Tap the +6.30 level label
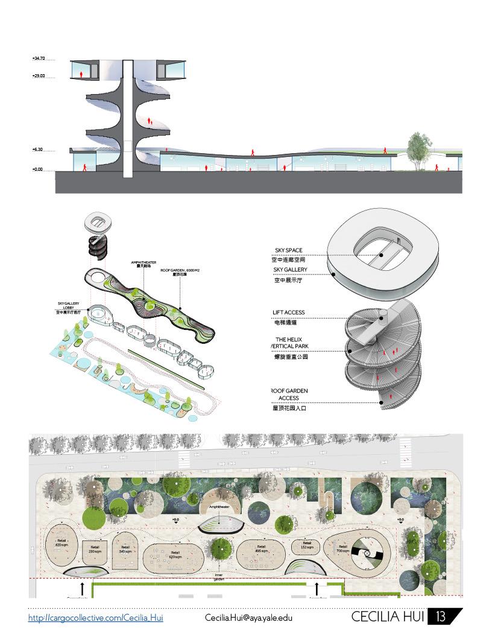point(37,149)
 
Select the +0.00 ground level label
point(37,170)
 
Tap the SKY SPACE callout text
point(288,250)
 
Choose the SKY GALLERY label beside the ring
point(290,270)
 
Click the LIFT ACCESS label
point(289,312)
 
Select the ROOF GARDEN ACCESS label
point(291,395)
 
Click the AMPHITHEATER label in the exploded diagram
point(143,263)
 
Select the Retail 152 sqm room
point(307,545)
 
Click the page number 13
point(441,616)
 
